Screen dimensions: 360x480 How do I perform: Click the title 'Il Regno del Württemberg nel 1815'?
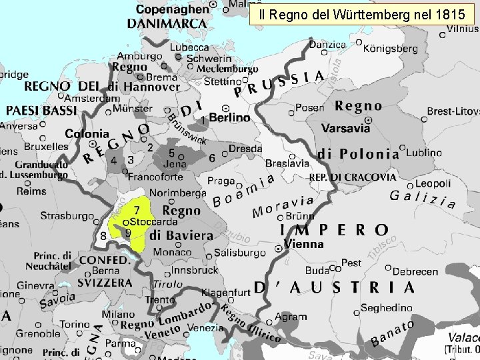point(363,13)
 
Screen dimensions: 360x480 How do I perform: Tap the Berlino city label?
point(230,117)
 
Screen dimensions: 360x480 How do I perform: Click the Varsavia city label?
point(345,128)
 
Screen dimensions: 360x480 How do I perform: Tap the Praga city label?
point(221,181)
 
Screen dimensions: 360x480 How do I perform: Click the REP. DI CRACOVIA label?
point(353,178)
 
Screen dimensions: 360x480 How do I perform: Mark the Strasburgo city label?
point(67,216)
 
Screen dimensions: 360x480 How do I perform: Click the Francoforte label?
point(155,177)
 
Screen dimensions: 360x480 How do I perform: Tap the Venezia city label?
point(207,328)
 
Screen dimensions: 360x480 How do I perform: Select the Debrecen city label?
point(415,271)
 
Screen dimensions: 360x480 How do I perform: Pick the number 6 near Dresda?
point(212,159)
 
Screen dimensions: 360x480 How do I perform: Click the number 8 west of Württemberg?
point(103,235)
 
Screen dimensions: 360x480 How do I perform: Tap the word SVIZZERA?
point(105,283)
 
